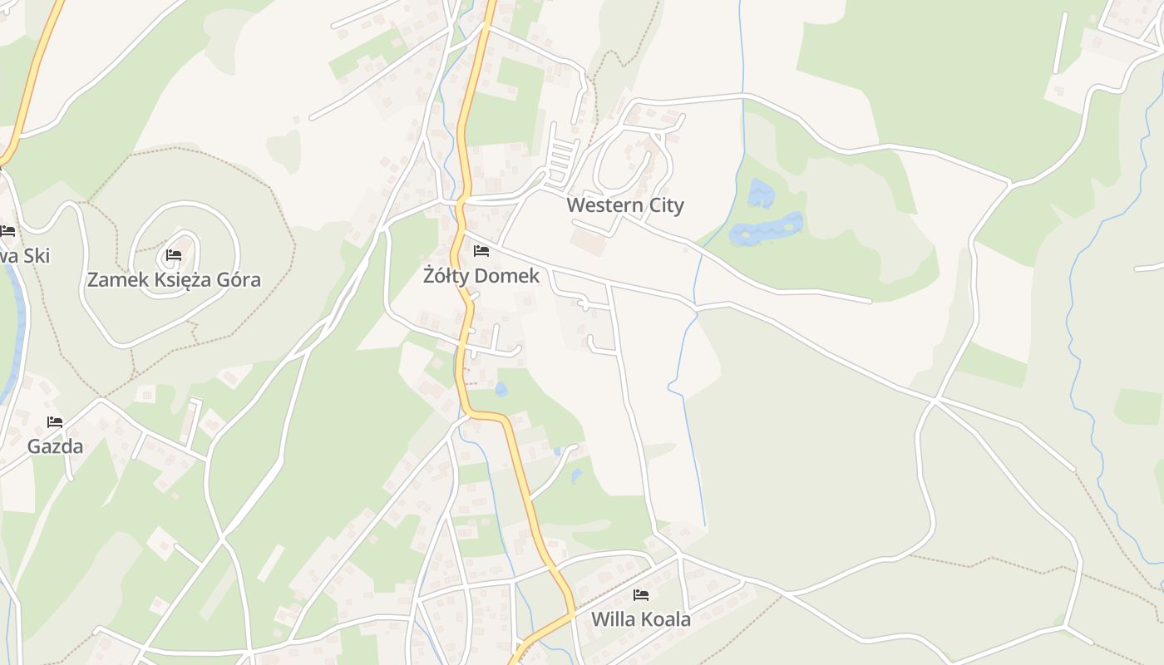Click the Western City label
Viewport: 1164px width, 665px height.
[625, 205]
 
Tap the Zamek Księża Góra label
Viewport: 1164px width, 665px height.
[174, 280]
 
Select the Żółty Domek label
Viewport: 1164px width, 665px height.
[481, 276]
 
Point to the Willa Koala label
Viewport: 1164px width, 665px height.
[640, 619]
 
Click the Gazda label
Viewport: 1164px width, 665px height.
[55, 446]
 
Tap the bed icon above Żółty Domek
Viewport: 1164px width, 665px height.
[481, 251]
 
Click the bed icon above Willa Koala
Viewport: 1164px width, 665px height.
[640, 595]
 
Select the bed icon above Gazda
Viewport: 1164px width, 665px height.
[55, 422]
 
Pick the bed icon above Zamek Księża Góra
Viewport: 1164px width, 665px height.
[174, 255]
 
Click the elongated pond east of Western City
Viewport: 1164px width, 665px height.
[767, 229]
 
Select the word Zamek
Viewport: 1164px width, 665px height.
[117, 280]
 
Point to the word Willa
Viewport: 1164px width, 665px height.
[609, 619]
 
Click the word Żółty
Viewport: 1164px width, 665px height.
[444, 276]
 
